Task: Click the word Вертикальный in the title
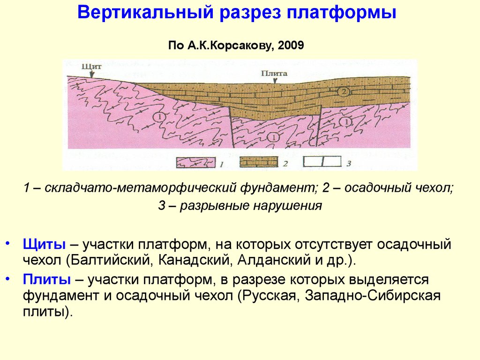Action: point(146,13)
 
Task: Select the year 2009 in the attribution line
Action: point(291,45)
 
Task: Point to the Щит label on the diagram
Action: point(92,67)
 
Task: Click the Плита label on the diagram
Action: point(274,74)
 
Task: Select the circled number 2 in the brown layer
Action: point(343,91)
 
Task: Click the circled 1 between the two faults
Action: point(273,137)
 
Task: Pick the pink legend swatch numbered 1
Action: point(196,162)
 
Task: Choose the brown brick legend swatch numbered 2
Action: point(259,162)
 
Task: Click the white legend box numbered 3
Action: point(322,161)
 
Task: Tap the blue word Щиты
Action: point(44,245)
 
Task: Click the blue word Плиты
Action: point(46,279)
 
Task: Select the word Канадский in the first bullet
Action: point(194,260)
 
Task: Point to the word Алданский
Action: point(270,260)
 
